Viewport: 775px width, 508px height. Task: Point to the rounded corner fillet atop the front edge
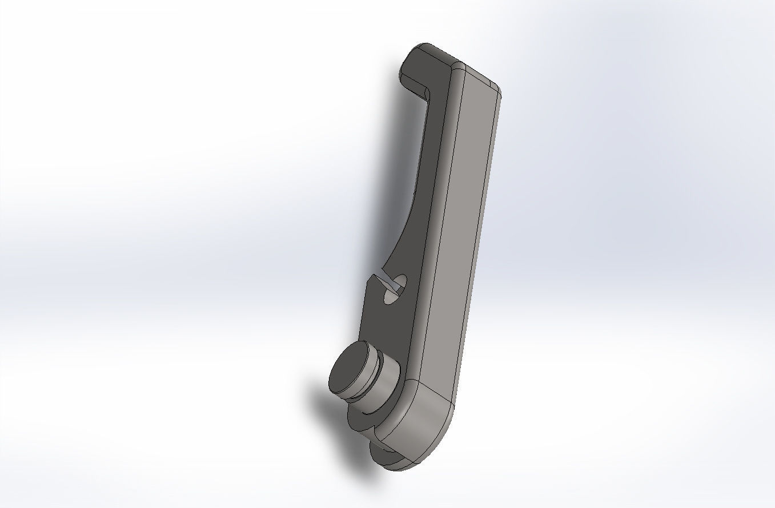click(458, 71)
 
